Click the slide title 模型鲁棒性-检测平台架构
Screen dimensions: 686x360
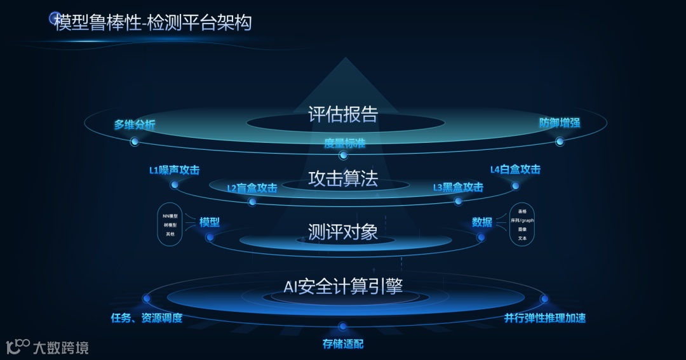153,23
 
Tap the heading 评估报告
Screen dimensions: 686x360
343,114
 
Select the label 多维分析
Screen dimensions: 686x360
135,124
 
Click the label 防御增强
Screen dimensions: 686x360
560,123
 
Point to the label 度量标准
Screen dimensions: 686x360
344,143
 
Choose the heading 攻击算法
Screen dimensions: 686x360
343,179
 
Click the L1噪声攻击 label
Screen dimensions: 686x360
174,170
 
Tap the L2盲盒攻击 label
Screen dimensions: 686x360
252,188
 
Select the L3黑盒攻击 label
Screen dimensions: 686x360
458,187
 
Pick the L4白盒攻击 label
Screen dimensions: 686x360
515,170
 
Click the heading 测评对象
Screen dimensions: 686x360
343,232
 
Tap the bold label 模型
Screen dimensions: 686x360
210,222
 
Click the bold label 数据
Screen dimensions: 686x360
482,222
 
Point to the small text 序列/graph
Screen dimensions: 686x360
522,220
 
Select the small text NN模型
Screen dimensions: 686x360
170,217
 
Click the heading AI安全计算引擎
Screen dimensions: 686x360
343,286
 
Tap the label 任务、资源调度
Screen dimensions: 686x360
147,318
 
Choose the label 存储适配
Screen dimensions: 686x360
343,344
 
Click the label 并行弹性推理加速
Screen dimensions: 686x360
545,318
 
